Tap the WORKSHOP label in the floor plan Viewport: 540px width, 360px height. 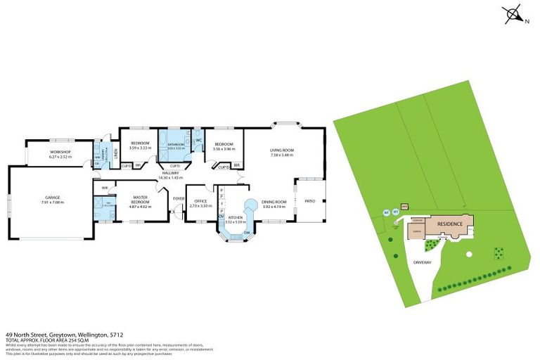pos(60,152)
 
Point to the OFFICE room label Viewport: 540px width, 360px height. pos(201,202)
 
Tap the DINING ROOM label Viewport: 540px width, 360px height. pos(275,202)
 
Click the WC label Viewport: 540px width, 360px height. pos(199,140)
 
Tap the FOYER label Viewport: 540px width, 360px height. pos(178,198)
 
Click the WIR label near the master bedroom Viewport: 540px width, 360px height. pos(104,188)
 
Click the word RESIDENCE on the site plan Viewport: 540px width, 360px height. pos(450,224)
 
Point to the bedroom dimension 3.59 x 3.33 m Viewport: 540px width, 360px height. pos(141,148)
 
